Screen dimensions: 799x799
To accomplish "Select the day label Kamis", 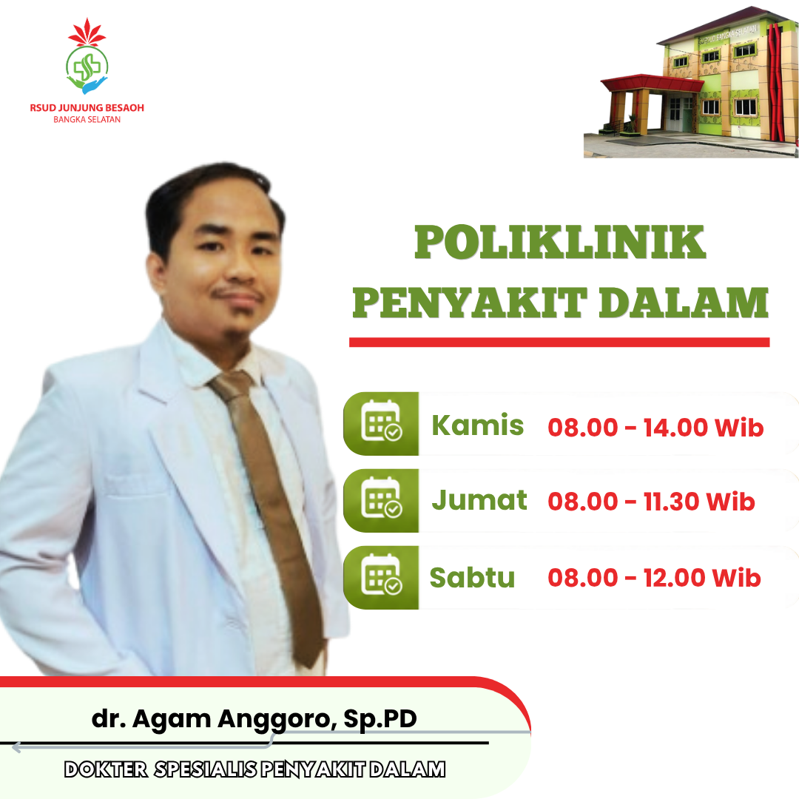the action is tap(477, 425).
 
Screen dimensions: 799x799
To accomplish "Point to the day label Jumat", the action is tap(479, 500).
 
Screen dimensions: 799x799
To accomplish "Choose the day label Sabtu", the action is tap(472, 577).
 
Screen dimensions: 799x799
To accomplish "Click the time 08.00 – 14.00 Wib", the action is tap(655, 427).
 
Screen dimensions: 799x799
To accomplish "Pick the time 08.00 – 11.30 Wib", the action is tap(651, 502).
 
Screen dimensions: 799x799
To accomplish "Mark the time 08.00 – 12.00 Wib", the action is tap(654, 578).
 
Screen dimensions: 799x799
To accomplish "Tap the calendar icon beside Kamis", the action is tap(381, 421).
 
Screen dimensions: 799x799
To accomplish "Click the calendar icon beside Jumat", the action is tap(381, 497).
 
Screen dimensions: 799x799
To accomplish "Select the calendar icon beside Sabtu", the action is tap(381, 574).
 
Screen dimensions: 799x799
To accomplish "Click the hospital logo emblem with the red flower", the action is tap(87, 56).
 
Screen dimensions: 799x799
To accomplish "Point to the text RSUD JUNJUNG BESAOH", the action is tap(87, 107).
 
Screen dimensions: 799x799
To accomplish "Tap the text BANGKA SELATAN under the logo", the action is tap(87, 120).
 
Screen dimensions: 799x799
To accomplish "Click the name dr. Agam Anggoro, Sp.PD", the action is tap(254, 719).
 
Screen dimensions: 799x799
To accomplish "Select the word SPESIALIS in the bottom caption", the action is tap(206, 769).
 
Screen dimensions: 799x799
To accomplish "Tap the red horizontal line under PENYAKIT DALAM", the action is tap(559, 343).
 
